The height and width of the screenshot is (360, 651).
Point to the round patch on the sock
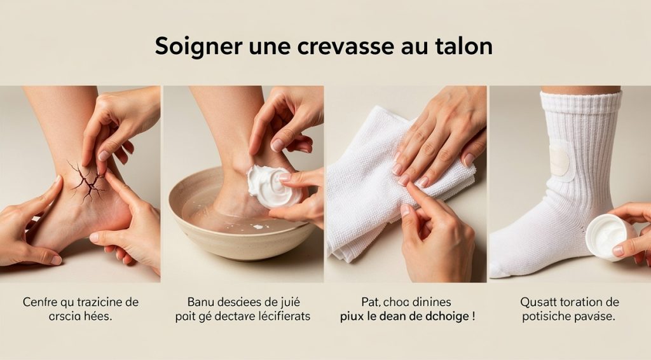559,158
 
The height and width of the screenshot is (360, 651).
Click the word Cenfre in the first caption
39,302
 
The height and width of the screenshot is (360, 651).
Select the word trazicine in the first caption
100,302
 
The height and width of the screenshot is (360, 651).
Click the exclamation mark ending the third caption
474,316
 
